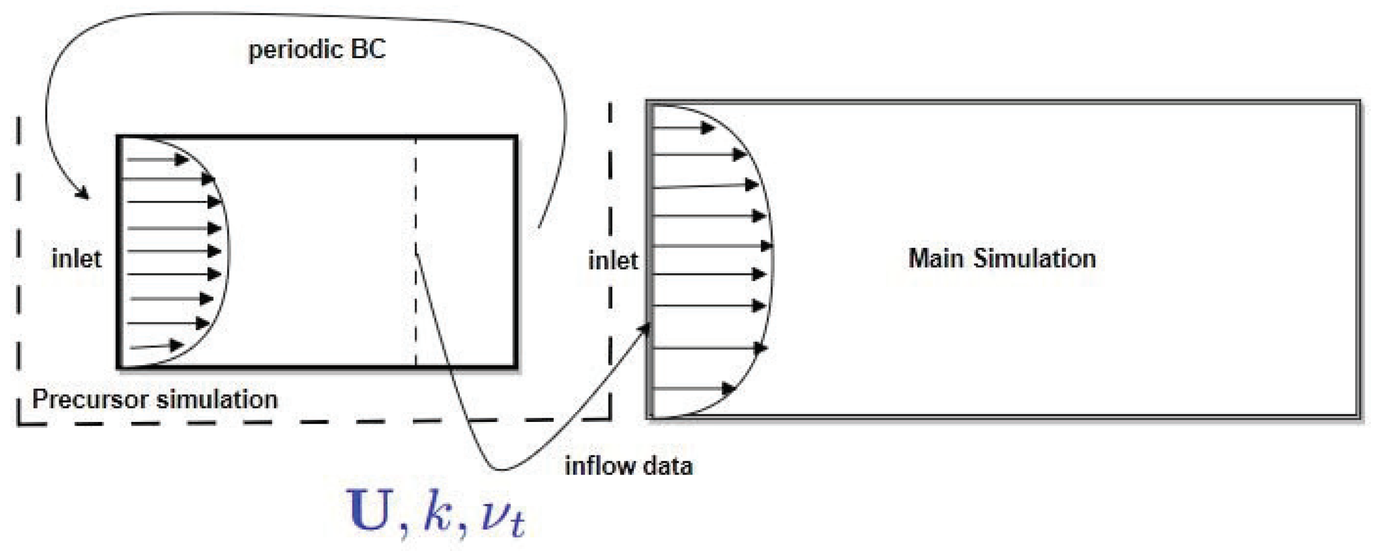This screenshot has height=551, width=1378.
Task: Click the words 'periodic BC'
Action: pyautogui.click(x=317, y=50)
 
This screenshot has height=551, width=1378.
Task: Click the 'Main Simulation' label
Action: pyautogui.click(x=1002, y=259)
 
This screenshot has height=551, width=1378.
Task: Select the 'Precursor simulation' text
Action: pyautogui.click(x=155, y=399)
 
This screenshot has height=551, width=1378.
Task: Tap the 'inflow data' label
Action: pyautogui.click(x=629, y=466)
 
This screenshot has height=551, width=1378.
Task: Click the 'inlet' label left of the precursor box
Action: pyautogui.click(x=76, y=259)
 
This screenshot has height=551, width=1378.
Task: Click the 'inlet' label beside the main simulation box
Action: pyautogui.click(x=613, y=261)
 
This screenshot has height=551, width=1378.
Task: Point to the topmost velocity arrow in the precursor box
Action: pyautogui.click(x=158, y=160)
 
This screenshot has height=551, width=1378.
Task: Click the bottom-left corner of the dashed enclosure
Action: pyautogui.click(x=19, y=425)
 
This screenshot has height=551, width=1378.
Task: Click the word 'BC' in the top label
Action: pyautogui.click(x=368, y=50)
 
